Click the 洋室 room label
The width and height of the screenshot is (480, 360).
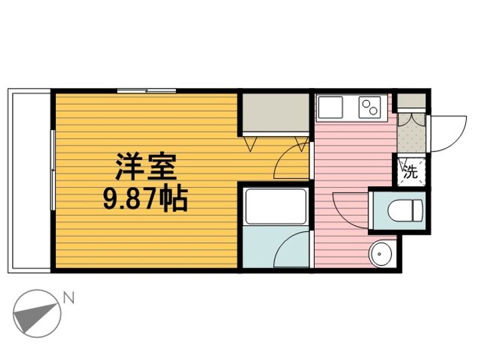[145, 167]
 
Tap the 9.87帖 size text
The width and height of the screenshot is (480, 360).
[145, 198]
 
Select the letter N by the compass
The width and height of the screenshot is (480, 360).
[67, 298]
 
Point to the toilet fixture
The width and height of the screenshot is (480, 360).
[407, 210]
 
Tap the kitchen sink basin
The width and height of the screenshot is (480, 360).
[331, 107]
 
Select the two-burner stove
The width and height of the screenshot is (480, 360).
[369, 106]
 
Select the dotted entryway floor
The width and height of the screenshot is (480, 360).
[411, 137]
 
